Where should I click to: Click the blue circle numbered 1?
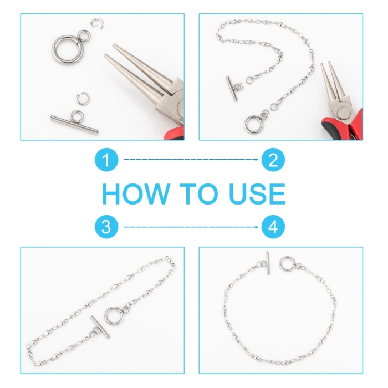pos(106,160)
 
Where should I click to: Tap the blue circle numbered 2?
pos(273,160)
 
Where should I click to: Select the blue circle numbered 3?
pos(106,227)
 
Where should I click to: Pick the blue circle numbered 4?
pos(273,227)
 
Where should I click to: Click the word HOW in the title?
pos(135,193)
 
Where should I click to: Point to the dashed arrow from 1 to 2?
pos(191,160)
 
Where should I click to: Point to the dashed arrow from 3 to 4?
pos(191,227)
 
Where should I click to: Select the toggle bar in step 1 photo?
pos(74,125)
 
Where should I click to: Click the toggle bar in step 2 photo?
pos(232,89)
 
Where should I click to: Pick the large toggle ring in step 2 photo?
pos(246,125)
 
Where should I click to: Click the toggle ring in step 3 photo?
pos(105,316)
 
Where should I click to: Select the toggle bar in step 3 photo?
pos(100,326)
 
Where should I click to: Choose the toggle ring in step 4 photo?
pos(281,264)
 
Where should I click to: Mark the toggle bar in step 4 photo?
pos(268,263)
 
